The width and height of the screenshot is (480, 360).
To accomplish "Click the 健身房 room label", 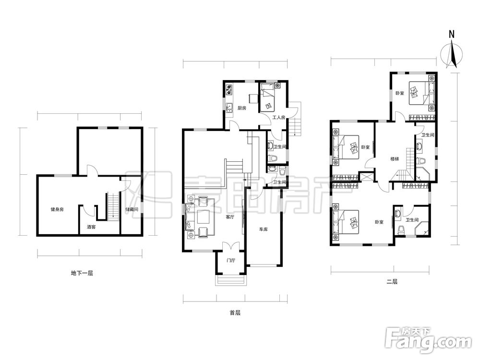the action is click(57, 209).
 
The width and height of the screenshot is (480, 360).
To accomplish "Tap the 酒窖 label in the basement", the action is click(91, 227).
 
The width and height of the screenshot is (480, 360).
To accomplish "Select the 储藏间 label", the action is click(132, 209).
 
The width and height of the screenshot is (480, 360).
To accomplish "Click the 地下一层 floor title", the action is click(82, 273).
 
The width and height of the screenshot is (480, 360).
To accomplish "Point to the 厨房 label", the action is click(242, 108).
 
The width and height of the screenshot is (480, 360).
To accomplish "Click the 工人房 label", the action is click(279, 117).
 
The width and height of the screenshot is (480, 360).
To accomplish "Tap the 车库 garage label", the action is click(263, 229).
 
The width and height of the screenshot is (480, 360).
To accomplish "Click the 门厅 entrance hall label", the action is click(230, 261).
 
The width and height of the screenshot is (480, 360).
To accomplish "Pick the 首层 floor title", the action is click(235, 313).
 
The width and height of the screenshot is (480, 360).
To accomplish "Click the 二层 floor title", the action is click(392, 282).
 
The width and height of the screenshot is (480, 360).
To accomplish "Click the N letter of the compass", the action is click(451, 34).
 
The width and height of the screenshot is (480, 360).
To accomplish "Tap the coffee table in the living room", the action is click(203, 217).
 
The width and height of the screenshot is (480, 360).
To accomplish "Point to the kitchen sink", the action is click(229, 108).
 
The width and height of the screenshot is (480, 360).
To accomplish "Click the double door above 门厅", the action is click(230, 246).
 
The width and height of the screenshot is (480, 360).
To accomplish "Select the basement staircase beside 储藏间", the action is click(113, 206).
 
